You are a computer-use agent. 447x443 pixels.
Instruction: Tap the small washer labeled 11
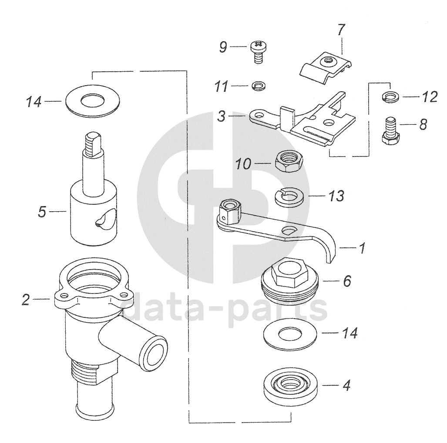pyautogui.click(x=259, y=85)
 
